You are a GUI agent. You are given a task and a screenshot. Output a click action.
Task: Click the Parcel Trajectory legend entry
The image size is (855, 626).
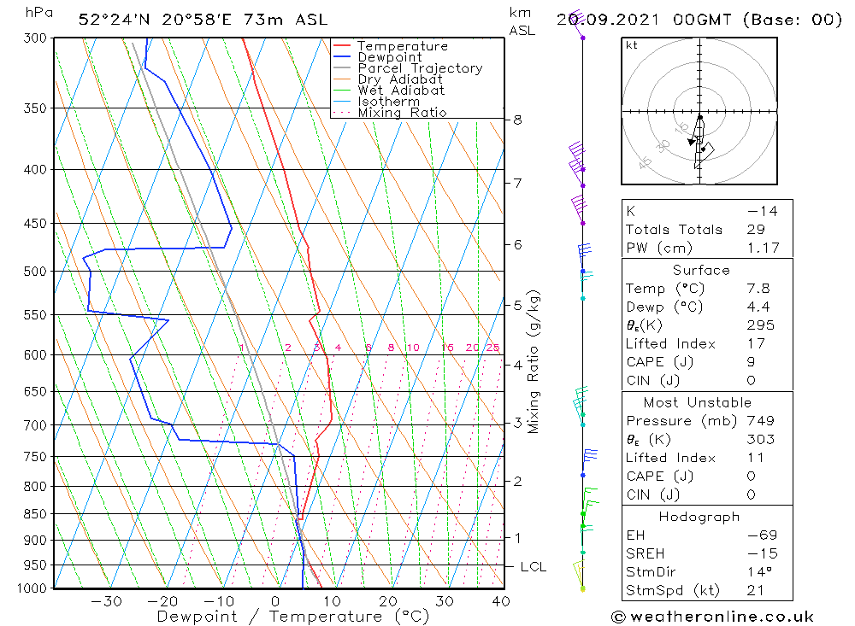pyautogui.click(x=420, y=68)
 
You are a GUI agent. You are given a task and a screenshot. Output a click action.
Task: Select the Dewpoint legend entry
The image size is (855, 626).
pyautogui.click(x=389, y=57)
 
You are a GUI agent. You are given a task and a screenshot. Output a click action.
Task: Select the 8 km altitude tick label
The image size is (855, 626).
pyautogui.click(x=517, y=120)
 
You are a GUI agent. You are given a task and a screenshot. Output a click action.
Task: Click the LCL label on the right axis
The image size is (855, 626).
pyautogui.click(x=533, y=566)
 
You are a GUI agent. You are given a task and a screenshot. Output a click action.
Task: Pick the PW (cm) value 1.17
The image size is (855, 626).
pyautogui.click(x=761, y=248)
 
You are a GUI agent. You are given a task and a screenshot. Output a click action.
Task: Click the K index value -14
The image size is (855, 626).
pyautogui.click(x=761, y=211)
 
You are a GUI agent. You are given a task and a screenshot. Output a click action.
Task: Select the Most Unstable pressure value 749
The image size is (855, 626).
pyautogui.click(x=760, y=420)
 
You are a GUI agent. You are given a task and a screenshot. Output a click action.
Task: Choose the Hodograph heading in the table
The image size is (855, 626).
pyautogui.click(x=700, y=517)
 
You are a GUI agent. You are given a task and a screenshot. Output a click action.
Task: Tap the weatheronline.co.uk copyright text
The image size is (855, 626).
pyautogui.click(x=714, y=616)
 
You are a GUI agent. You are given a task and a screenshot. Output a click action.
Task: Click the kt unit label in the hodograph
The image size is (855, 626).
pyautogui.click(x=631, y=45)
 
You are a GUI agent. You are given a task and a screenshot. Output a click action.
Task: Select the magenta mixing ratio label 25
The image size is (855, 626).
pyautogui.click(x=492, y=348)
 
